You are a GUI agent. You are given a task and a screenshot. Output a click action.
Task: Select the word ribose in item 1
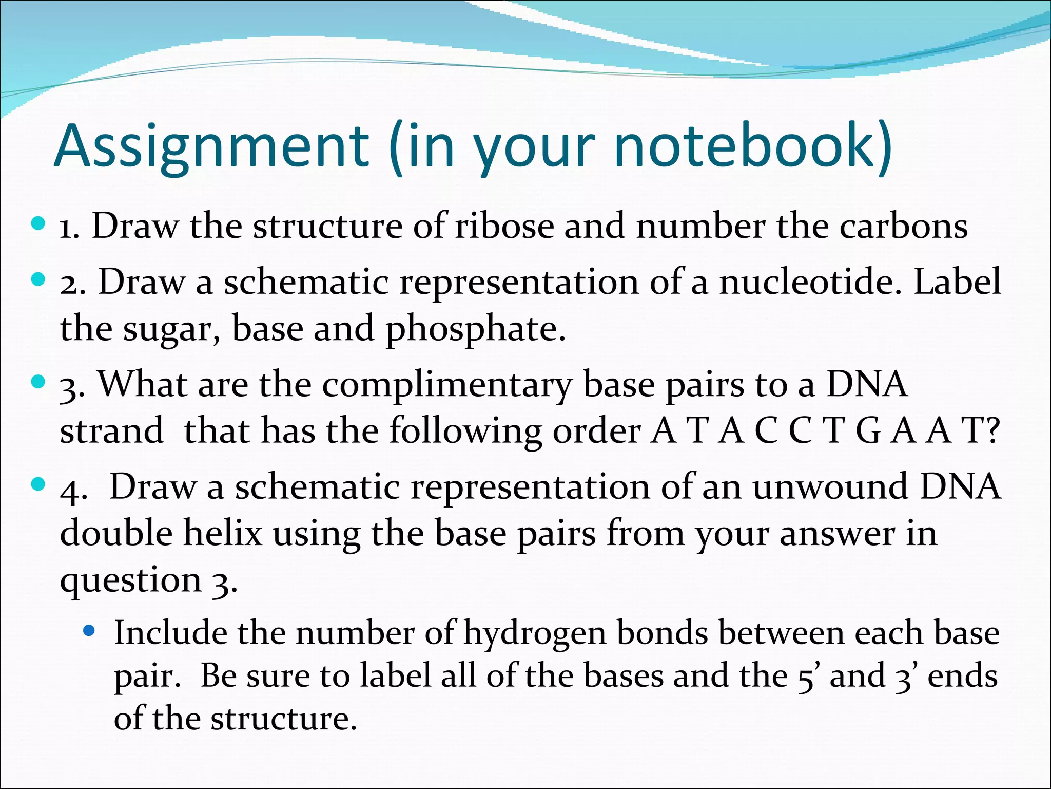(504, 226)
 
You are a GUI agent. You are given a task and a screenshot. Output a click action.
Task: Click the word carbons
(903, 226)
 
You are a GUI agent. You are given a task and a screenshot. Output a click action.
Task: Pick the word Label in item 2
(958, 281)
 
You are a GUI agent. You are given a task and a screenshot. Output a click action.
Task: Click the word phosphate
(475, 329)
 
